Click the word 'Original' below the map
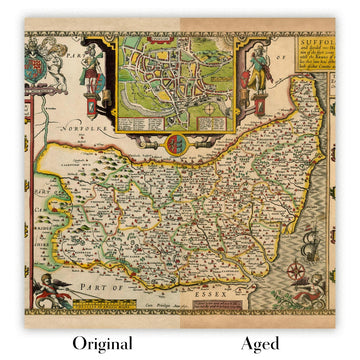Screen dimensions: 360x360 click(96, 343)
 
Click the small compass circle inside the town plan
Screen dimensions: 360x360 click(176, 123)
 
